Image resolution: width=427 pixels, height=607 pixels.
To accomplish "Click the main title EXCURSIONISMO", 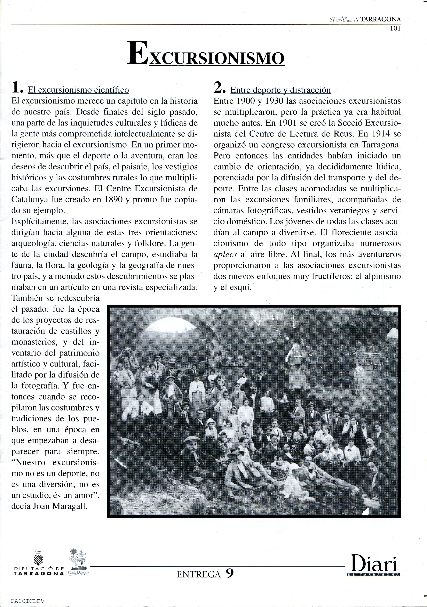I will (x=206, y=54).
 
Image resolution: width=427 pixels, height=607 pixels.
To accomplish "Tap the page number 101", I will (x=395, y=29).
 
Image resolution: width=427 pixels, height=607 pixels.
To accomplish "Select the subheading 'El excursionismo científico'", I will (x=78, y=90).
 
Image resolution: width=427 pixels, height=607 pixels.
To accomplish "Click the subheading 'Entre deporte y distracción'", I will (x=280, y=90).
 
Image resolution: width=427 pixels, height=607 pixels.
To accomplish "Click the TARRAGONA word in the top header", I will (x=380, y=19).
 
